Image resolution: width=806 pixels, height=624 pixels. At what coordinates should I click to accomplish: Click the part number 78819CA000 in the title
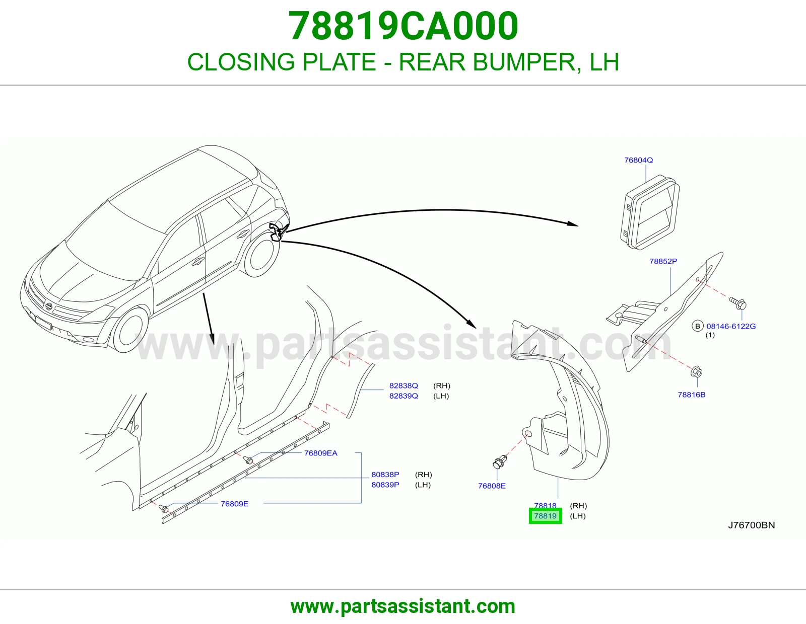403,26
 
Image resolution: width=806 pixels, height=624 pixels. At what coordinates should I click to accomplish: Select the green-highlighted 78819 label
545,516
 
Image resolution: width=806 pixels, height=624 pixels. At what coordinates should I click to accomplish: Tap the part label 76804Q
638,160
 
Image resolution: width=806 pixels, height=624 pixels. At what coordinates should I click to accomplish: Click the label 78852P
663,261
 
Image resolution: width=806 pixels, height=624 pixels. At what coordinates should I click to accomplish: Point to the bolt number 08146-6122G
731,327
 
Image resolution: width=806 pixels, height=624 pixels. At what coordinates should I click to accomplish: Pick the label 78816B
691,395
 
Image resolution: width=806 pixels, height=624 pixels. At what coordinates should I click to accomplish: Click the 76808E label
492,486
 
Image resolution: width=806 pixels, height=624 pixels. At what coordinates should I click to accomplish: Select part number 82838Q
404,386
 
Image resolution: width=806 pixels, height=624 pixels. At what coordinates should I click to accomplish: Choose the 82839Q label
404,396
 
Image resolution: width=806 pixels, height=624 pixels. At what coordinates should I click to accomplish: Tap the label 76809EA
321,453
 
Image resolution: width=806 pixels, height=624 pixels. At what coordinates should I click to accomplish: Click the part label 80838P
385,475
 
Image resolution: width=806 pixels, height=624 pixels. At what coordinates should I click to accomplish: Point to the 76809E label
234,504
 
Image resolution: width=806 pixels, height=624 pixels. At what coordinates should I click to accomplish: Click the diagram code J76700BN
752,525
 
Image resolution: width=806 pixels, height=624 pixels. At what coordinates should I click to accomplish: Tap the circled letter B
698,326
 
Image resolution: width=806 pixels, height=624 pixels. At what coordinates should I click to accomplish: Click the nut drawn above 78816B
697,371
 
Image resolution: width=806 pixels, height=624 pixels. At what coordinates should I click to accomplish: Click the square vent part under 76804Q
650,213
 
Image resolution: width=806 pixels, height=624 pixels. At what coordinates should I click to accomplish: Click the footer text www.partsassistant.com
403,606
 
